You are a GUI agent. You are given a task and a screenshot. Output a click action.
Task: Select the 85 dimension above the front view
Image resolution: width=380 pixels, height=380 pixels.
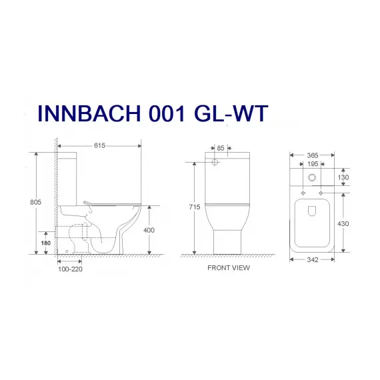click(x=221, y=148)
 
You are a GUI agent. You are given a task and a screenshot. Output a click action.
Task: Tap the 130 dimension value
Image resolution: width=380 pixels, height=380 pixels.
click(x=343, y=178)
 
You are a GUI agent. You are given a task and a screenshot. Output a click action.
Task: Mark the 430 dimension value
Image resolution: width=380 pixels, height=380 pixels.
click(x=344, y=224)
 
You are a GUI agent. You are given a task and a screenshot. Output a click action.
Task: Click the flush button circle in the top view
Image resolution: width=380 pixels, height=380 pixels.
click(x=313, y=178)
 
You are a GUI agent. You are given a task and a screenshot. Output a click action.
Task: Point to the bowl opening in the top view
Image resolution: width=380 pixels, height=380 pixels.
click(x=313, y=212)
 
